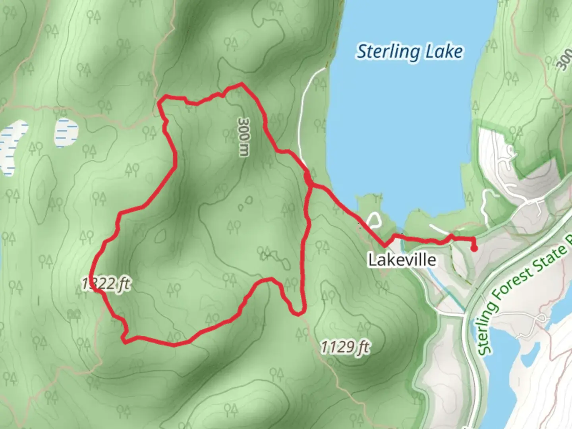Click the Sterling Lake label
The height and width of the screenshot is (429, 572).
coord(410,52)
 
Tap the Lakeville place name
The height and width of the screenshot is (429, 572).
coord(402,260)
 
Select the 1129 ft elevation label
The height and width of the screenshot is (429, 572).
coord(345,347)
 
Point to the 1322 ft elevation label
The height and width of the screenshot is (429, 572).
coord(106,284)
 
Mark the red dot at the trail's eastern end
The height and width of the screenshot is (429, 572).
coord(474,249)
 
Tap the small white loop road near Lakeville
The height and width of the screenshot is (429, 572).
coord(374,220)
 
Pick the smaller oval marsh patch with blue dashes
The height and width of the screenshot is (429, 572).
coord(66,132)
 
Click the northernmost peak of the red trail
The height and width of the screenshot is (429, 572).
coord(241,84)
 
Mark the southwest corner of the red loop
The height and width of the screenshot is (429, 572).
coord(124,340)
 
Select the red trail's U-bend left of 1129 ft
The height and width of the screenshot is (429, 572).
coord(297,313)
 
